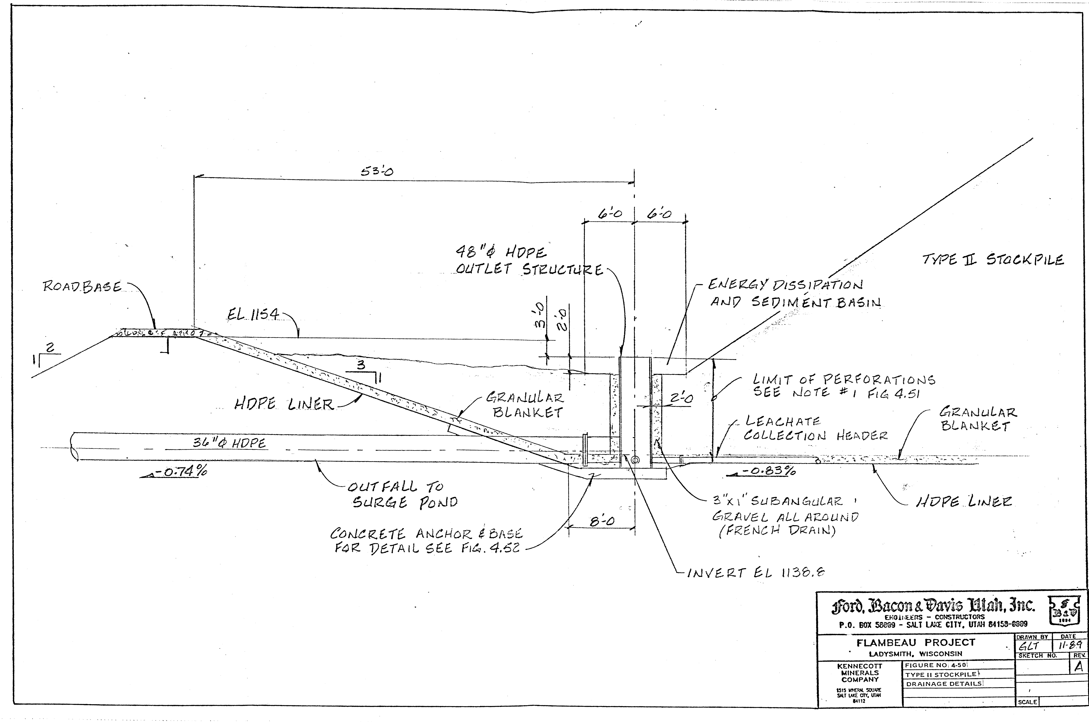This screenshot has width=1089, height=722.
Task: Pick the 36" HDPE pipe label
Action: (229, 443)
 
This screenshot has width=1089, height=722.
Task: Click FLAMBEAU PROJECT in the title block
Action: (915, 642)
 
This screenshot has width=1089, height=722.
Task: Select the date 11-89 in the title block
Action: (1071, 646)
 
